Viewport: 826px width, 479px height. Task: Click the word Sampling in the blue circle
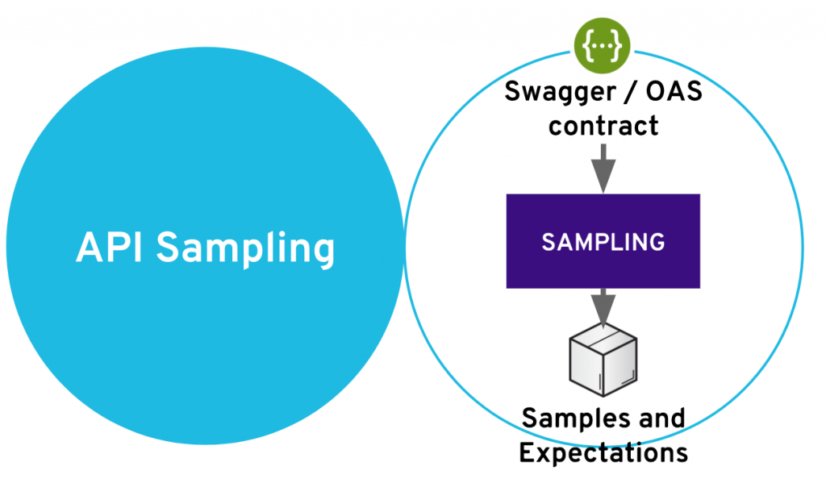(245, 248)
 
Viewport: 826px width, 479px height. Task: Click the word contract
(603, 126)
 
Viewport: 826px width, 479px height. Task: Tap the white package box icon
(603, 361)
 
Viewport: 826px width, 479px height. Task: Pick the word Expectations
(603, 452)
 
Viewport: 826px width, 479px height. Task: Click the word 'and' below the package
(659, 418)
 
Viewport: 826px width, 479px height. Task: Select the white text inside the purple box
(603, 241)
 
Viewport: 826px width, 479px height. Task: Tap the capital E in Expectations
(527, 452)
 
